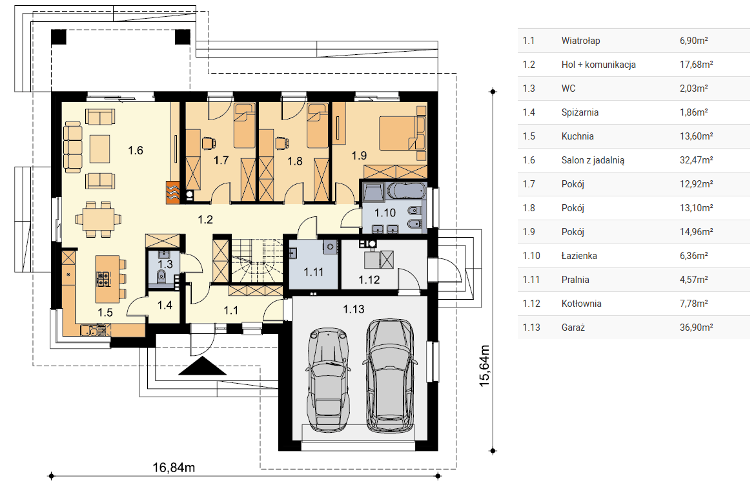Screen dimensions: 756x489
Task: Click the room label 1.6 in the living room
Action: click(x=136, y=151)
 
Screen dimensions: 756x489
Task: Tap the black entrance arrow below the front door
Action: click(x=203, y=366)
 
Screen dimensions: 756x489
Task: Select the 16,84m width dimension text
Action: click(x=174, y=467)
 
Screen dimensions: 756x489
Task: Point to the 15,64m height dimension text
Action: click(x=485, y=366)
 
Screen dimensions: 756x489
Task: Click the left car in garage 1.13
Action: click(x=329, y=380)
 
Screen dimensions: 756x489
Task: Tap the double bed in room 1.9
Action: click(x=402, y=132)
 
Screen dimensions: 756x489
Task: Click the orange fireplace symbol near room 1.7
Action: click(x=173, y=192)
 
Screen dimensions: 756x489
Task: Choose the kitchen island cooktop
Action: click(x=104, y=279)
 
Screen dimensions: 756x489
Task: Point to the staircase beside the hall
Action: click(x=256, y=261)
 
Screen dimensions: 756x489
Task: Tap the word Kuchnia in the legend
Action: click(x=577, y=136)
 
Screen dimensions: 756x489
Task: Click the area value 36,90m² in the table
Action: click(x=696, y=328)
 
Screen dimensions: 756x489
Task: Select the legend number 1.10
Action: click(x=531, y=256)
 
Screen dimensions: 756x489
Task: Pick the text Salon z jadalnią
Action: click(x=593, y=161)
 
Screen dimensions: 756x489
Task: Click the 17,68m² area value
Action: click(x=696, y=65)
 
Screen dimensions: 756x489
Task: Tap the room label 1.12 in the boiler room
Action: click(x=369, y=280)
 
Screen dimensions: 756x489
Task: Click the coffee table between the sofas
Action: click(x=100, y=149)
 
